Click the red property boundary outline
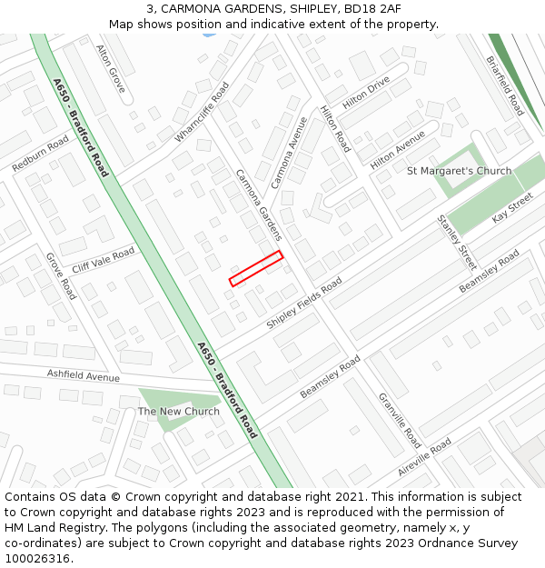[256, 269]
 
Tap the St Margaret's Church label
[459, 171]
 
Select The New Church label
[179, 412]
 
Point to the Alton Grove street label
[111, 67]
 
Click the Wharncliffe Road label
[202, 113]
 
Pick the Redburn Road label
[40, 154]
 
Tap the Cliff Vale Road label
[103, 260]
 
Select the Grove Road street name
[61, 276]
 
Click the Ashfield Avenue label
[84, 376]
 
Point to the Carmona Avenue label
[290, 152]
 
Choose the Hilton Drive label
[366, 93]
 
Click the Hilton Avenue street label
[398, 149]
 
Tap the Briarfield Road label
[505, 85]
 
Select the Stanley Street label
[456, 243]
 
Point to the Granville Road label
[400, 420]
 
